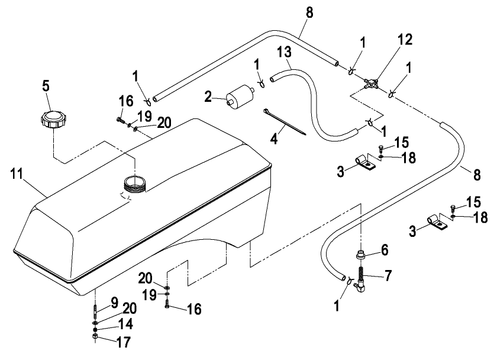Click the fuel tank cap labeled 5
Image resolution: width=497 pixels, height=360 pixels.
point(53,119)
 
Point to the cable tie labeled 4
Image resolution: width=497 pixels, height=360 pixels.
point(285,122)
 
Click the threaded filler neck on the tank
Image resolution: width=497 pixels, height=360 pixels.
point(135,184)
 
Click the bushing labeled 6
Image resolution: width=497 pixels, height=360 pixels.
point(362,255)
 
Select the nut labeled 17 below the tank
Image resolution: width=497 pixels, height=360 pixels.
point(95,337)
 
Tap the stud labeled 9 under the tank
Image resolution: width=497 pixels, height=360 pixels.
point(95,313)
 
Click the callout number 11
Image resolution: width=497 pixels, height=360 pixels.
point(17,174)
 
